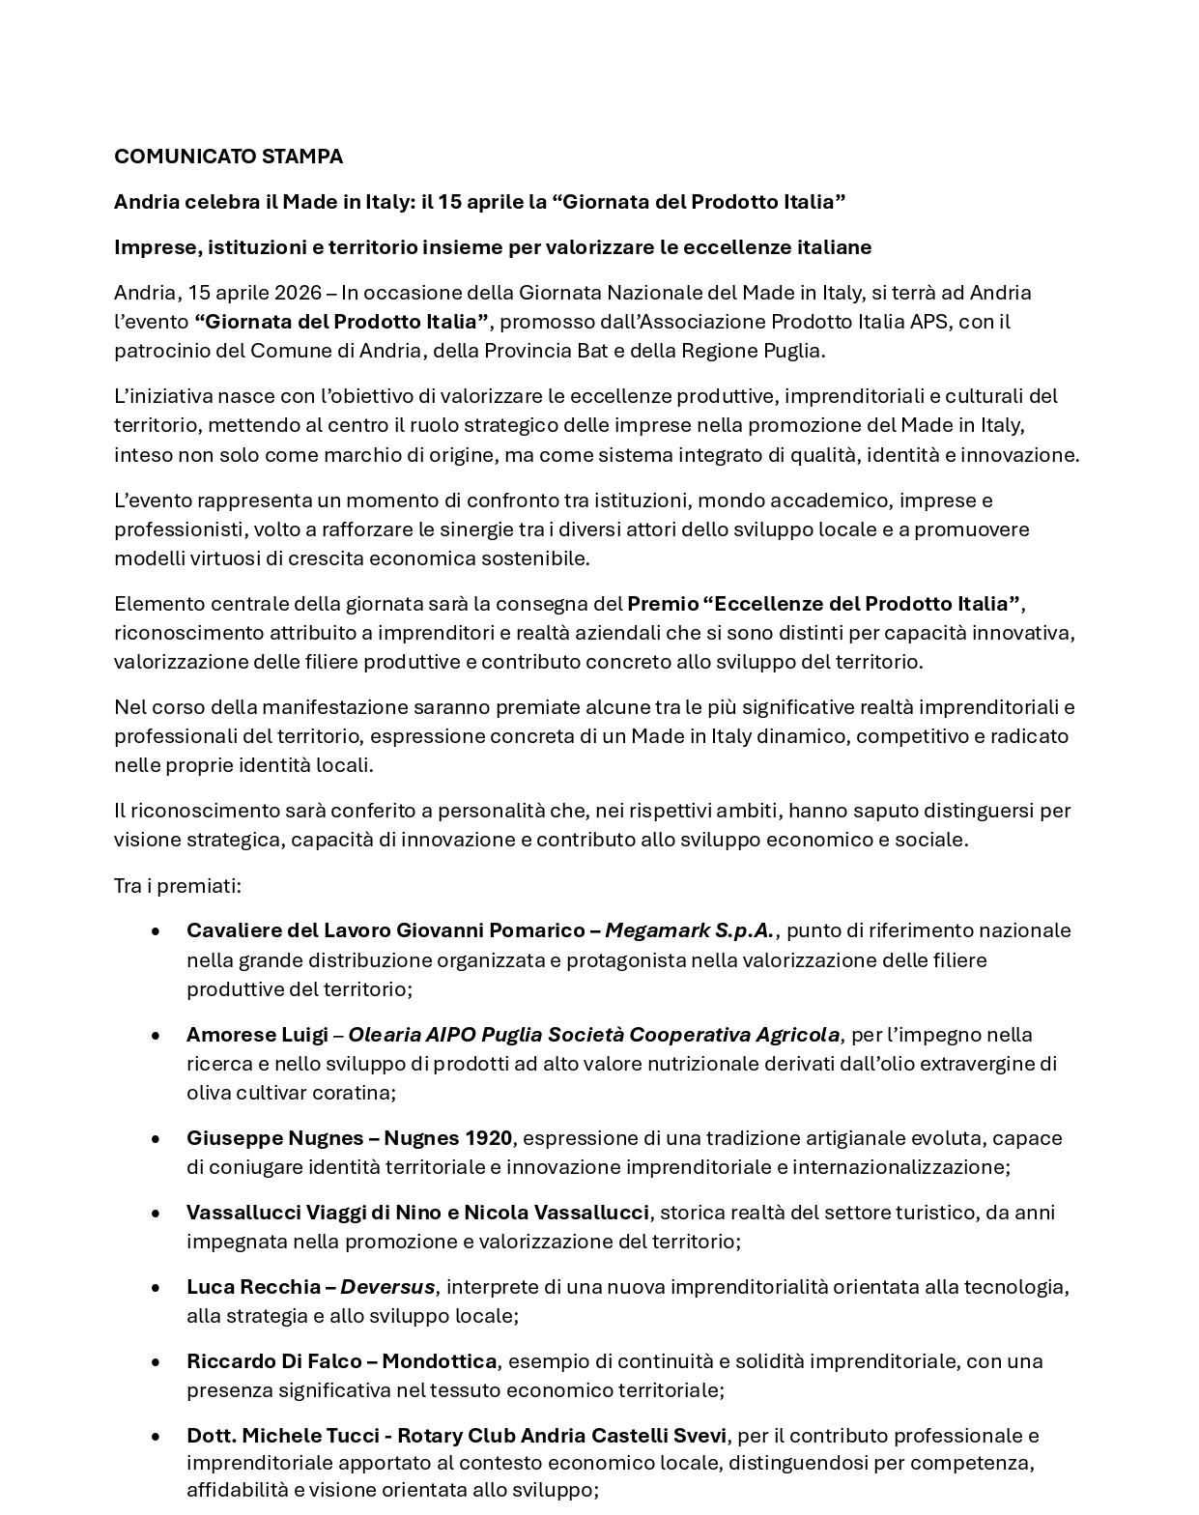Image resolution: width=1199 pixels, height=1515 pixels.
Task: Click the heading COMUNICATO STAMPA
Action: (228, 157)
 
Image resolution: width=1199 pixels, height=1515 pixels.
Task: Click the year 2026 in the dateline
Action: (298, 293)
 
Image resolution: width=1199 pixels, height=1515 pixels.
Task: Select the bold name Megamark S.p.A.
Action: (689, 930)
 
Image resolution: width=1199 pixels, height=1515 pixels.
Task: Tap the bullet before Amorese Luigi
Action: (156, 1035)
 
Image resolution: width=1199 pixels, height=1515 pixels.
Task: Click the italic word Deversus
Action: (387, 1287)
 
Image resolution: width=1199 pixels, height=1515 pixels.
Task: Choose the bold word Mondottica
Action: (439, 1361)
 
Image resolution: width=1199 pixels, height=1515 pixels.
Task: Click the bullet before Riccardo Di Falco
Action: (156, 1361)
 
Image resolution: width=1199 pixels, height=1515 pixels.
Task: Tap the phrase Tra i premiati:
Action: (178, 886)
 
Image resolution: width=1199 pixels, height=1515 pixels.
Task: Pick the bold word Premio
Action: (662, 604)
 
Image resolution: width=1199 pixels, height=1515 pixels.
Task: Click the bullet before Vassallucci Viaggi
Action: (156, 1213)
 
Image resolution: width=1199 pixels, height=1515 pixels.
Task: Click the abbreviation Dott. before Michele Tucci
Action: (212, 1436)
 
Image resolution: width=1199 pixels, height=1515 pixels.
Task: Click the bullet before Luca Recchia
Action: (156, 1287)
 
